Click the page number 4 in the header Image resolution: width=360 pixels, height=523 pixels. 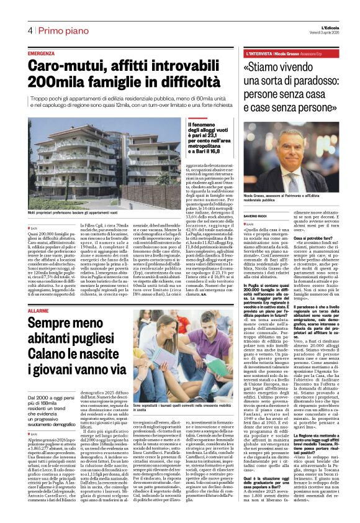pyautogui.click(x=29, y=31)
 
